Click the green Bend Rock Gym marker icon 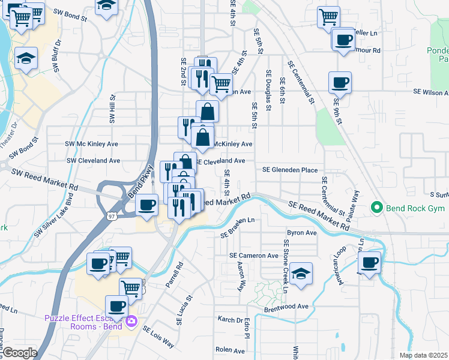pos(377,208)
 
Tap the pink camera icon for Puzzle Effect pos(131,323)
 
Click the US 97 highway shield pos(112,215)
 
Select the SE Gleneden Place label pos(290,170)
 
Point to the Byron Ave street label pos(301,232)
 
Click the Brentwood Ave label pos(286,306)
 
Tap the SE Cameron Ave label pos(254,256)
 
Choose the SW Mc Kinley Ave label pos(92,144)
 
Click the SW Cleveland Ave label pos(93,161)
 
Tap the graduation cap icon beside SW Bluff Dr pos(26,58)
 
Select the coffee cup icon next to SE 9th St pos(340,82)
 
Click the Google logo pos(19,353)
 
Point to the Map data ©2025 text pos(424,355)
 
